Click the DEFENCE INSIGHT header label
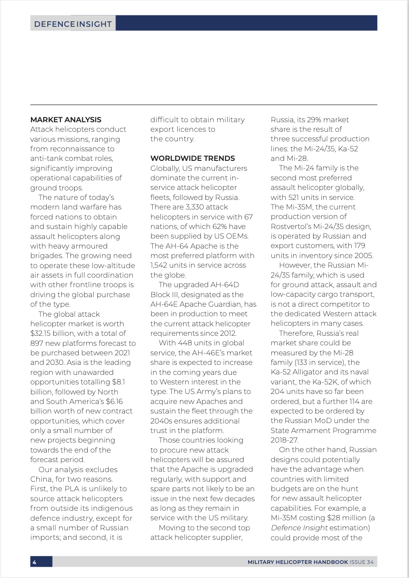click(x=73, y=24)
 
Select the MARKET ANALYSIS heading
click(x=65, y=120)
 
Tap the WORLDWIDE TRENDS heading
click(x=193, y=158)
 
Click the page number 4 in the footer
click(x=35, y=562)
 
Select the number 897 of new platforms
click(x=37, y=343)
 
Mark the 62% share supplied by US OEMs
click(x=210, y=226)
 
